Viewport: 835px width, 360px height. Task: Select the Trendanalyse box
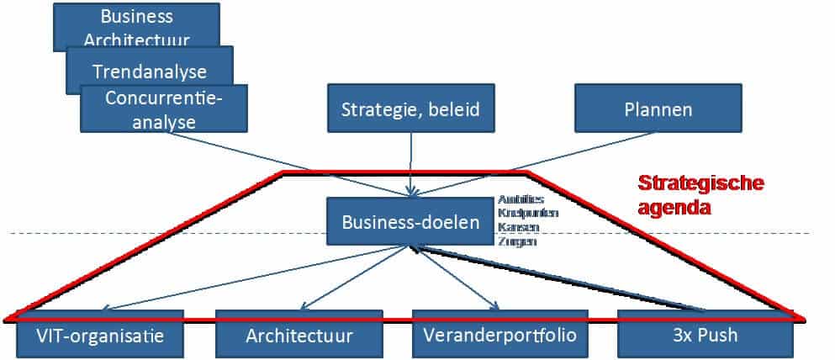pyautogui.click(x=150, y=71)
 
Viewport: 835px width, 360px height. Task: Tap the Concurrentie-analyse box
pyautogui.click(x=164, y=109)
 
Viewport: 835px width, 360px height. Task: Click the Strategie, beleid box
pyautogui.click(x=410, y=109)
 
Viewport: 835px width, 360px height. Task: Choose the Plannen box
pyautogui.click(x=658, y=109)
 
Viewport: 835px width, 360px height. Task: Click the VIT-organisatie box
pyautogui.click(x=100, y=336)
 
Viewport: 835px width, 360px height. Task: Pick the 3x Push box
pyautogui.click(x=706, y=336)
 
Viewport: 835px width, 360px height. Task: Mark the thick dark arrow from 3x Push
pyautogui.click(x=563, y=278)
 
